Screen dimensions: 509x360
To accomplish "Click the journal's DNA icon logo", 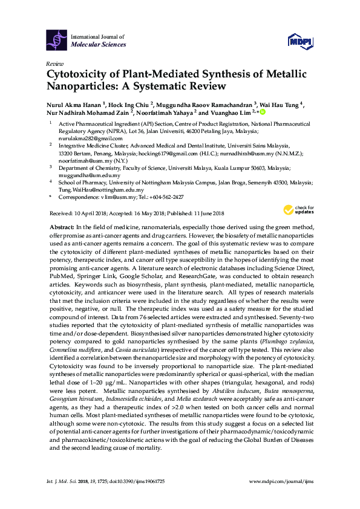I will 56,40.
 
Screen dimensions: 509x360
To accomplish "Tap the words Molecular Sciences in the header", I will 99,45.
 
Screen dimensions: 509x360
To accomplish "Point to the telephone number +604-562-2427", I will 166,197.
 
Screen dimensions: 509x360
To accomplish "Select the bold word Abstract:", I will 62,225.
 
